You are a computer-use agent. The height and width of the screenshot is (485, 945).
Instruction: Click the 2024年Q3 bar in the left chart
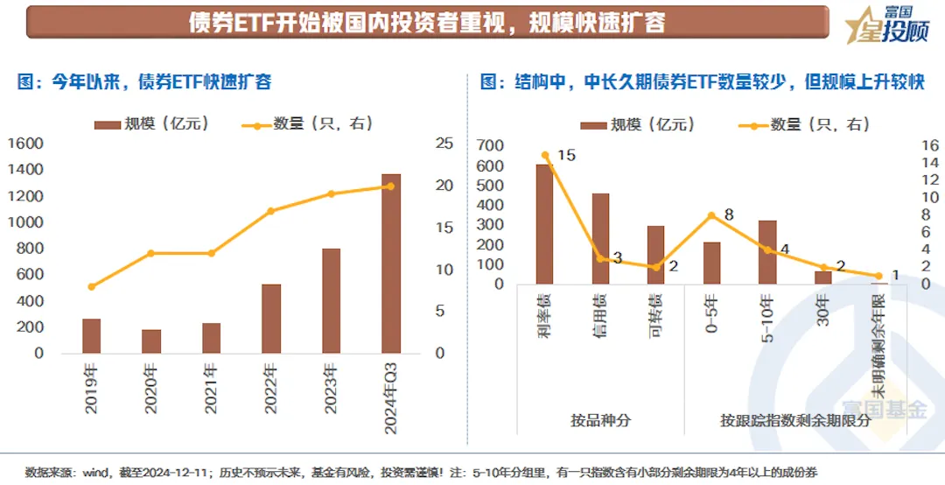pyautogui.click(x=390, y=264)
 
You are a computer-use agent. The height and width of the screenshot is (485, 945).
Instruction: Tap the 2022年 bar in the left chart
pyautogui.click(x=271, y=319)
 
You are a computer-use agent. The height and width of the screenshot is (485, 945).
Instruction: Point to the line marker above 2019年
pyautogui.click(x=92, y=286)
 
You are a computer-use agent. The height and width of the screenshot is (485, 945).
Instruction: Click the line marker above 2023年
pyautogui.click(x=331, y=193)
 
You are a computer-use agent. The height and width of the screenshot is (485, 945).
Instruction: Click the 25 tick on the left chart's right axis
pyautogui.click(x=444, y=144)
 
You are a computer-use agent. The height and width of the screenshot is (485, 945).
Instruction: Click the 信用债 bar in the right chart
pyautogui.click(x=600, y=239)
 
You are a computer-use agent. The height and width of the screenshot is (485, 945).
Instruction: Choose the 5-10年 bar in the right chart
pyautogui.click(x=767, y=252)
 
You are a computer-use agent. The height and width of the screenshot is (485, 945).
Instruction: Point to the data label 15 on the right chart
pyautogui.click(x=566, y=156)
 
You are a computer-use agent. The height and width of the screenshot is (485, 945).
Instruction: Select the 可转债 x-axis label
pyautogui.click(x=656, y=311)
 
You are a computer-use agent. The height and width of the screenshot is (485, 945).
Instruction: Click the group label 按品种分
pyautogui.click(x=600, y=420)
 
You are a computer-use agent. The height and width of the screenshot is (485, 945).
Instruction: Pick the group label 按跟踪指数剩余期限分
pyautogui.click(x=796, y=420)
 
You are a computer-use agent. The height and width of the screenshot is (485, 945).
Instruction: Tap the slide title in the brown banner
pyautogui.click(x=427, y=22)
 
